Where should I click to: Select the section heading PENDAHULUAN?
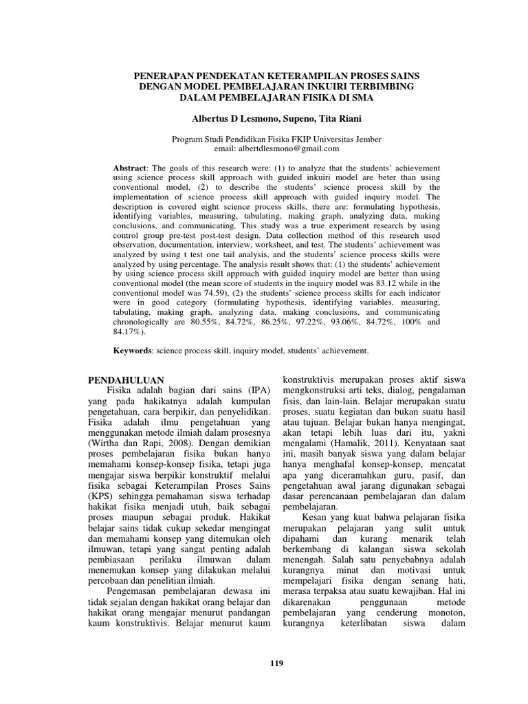click(127, 379)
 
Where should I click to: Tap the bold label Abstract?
click(129, 168)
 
